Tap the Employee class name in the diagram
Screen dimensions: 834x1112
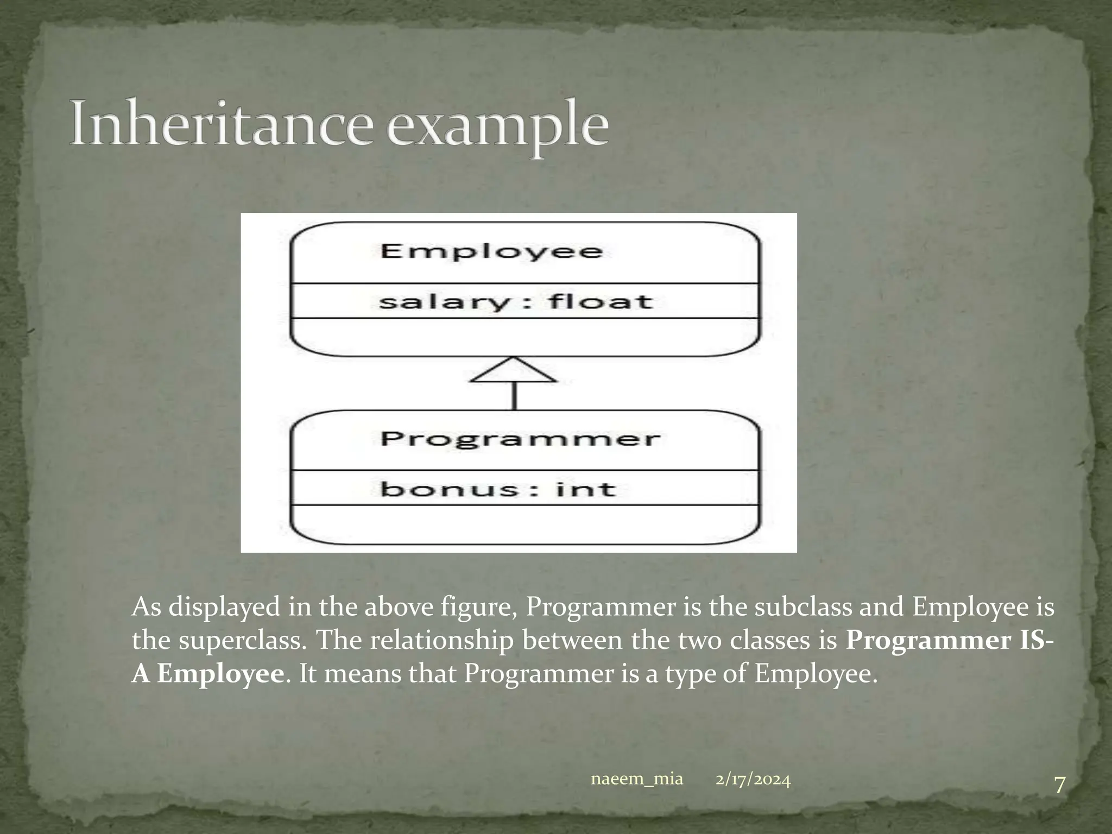[491, 251]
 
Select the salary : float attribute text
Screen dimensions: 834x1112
[515, 301]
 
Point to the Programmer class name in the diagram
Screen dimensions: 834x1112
[520, 439]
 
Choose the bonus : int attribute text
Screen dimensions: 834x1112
[498, 489]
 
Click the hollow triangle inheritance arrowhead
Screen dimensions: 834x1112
[514, 371]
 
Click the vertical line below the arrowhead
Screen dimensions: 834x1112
[514, 396]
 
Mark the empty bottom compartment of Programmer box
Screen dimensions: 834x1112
[524, 524]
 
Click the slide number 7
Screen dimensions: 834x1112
[1059, 800]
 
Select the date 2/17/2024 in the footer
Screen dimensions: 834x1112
[753, 780]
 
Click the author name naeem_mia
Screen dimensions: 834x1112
[636, 780]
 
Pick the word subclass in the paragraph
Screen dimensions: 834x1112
[804, 607]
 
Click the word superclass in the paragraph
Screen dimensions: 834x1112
[239, 641]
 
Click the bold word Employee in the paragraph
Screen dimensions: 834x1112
[220, 674]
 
